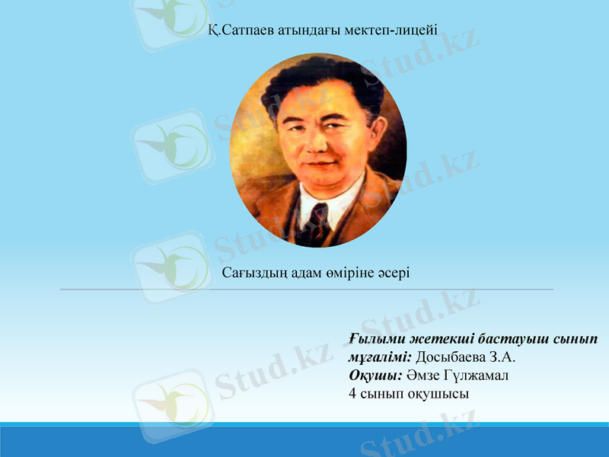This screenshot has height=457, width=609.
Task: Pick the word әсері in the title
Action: point(393,272)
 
